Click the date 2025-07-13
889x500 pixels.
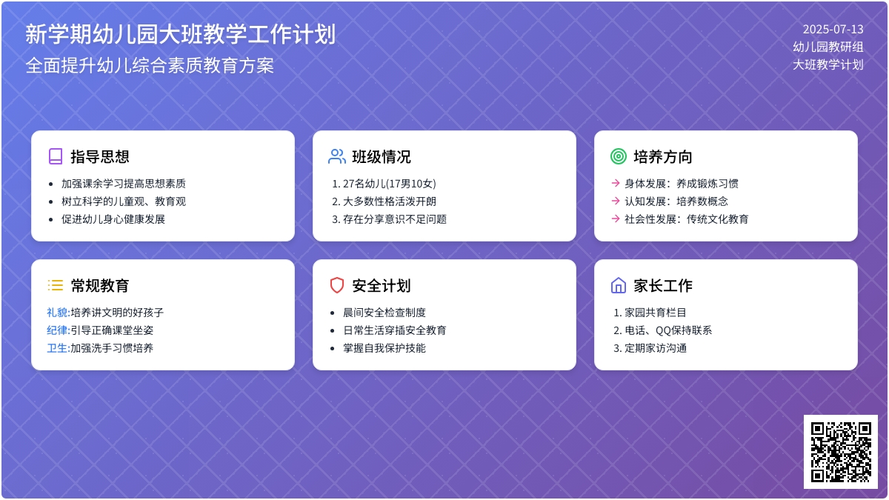pos(833,30)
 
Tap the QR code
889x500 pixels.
pos(840,452)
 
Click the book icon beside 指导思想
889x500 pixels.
pos(56,156)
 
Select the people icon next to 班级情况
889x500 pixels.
pos(337,156)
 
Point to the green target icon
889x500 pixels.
pos(619,156)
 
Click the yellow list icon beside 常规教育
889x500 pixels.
pos(56,285)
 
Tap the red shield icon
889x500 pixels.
pos(337,285)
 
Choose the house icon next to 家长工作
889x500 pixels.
pos(619,285)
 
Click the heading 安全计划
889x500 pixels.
pos(381,286)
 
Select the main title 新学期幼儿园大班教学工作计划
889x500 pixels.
pos(180,34)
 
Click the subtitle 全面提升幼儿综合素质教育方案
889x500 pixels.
pos(150,65)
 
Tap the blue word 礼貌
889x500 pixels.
pos(57,313)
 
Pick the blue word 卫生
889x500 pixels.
pos(57,348)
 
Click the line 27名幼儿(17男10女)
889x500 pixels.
pos(389,184)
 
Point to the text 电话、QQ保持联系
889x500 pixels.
pos(667,330)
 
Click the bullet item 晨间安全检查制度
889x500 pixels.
pos(384,313)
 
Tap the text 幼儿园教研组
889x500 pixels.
pos(828,47)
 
